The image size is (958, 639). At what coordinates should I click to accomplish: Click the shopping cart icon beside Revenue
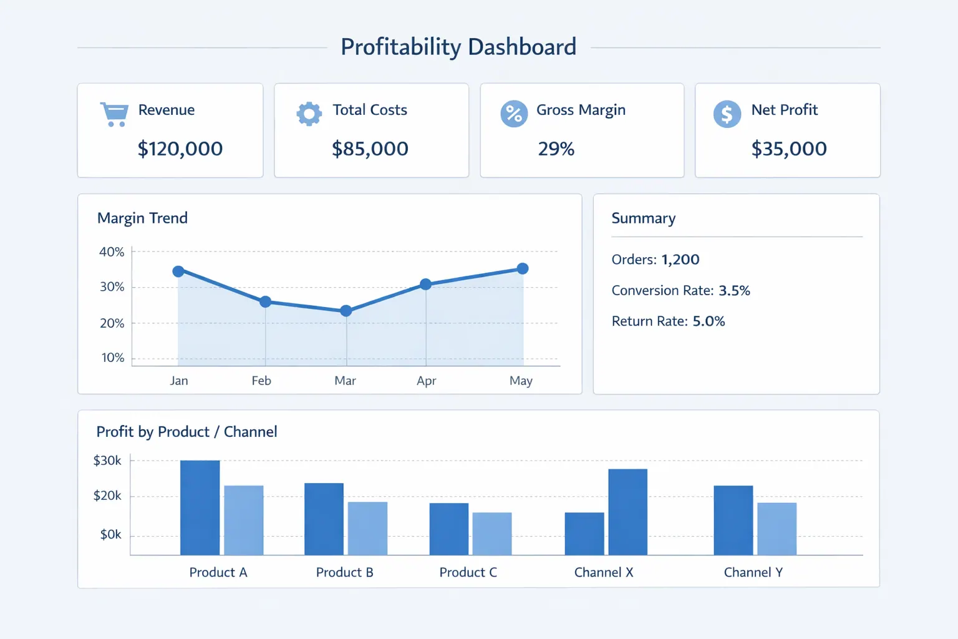click(x=114, y=114)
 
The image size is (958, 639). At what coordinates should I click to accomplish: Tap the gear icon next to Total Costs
click(x=309, y=114)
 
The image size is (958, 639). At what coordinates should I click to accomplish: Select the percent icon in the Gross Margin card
click(x=514, y=114)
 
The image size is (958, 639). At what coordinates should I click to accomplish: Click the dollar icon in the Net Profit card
click(x=727, y=114)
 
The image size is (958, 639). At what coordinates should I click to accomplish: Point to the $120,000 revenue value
click(x=180, y=149)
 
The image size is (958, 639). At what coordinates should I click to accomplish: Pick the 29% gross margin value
click(x=556, y=149)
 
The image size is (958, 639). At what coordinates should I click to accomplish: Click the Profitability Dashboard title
click(x=458, y=47)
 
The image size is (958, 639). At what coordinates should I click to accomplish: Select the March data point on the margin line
click(x=346, y=311)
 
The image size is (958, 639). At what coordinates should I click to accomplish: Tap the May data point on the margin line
click(x=523, y=268)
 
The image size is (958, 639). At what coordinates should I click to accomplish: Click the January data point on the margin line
click(x=178, y=271)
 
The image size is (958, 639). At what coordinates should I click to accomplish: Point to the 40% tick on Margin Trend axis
click(x=112, y=252)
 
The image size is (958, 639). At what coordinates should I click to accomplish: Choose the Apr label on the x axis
click(x=426, y=381)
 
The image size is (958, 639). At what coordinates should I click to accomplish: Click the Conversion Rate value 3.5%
click(x=734, y=291)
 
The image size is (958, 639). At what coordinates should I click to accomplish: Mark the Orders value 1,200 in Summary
click(x=680, y=260)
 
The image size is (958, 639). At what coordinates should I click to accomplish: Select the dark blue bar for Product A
click(x=200, y=508)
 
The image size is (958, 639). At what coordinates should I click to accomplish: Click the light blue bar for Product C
click(x=492, y=534)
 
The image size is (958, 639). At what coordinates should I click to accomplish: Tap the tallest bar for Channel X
click(x=627, y=512)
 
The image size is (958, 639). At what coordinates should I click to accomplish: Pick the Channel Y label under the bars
click(x=753, y=572)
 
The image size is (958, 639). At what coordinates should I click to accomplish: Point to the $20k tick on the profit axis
click(x=107, y=496)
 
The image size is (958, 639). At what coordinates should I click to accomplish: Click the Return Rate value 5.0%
click(x=709, y=321)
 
